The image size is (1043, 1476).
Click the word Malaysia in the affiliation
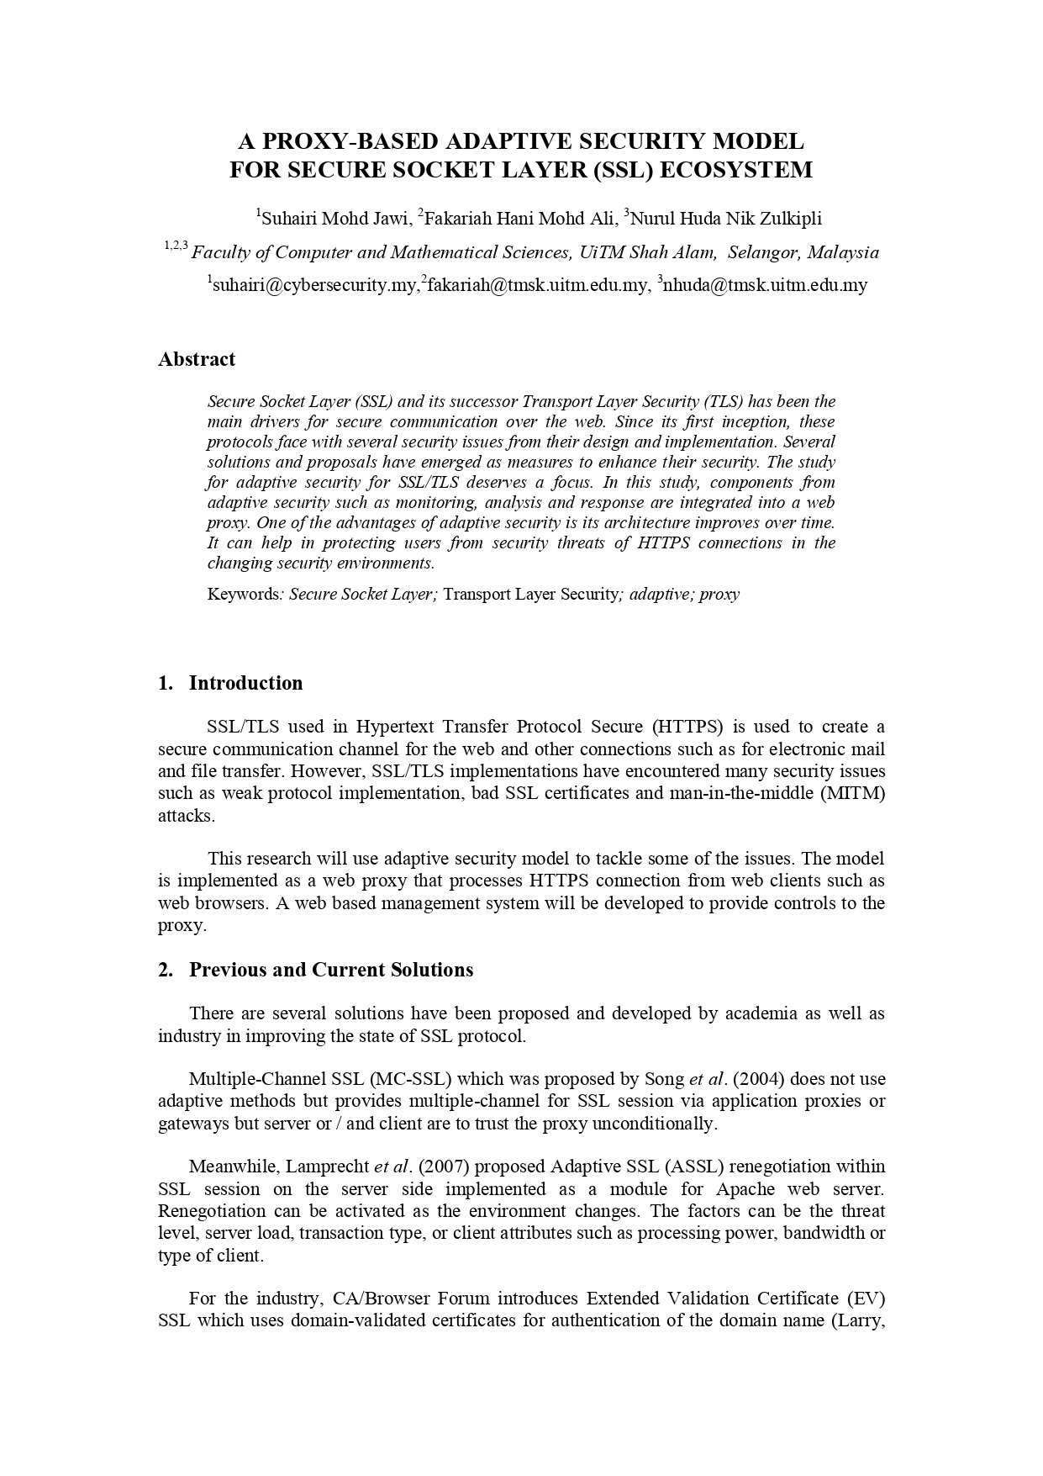[843, 252]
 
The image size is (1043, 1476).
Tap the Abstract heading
[197, 359]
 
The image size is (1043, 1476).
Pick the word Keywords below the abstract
[243, 595]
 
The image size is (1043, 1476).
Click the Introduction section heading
[245, 683]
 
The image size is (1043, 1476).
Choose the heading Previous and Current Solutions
[331, 970]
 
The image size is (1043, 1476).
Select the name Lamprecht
[327, 1167]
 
